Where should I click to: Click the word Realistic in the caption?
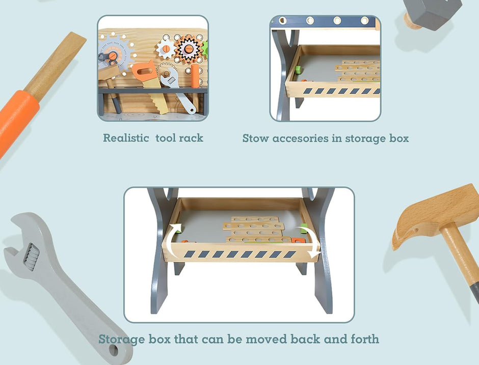click(126, 138)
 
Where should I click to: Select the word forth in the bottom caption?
click(365, 339)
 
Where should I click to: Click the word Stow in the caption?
click(255, 138)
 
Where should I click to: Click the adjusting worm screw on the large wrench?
click(32, 257)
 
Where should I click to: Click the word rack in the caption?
click(191, 138)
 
